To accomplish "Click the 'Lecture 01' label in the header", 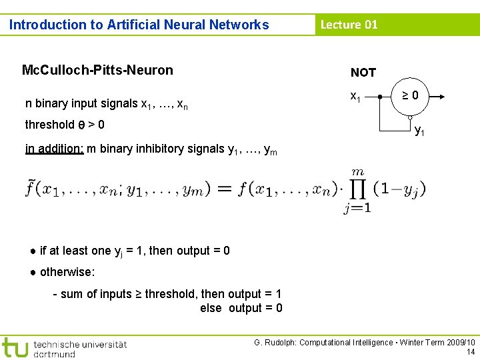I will point(349,25).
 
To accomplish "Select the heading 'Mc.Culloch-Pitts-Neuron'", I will point(97,70).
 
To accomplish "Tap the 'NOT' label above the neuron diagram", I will point(363,73).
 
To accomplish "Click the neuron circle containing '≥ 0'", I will point(411,96).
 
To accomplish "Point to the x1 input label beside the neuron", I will point(355,97).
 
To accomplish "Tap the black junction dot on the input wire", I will point(379,97).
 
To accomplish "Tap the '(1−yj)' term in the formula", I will point(398,189).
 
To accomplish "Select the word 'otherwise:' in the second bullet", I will point(67,272).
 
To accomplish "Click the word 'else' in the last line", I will point(211,308).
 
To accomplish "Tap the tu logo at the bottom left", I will point(15,347).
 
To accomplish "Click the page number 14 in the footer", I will point(471,352).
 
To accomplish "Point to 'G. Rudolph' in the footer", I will point(275,343).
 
